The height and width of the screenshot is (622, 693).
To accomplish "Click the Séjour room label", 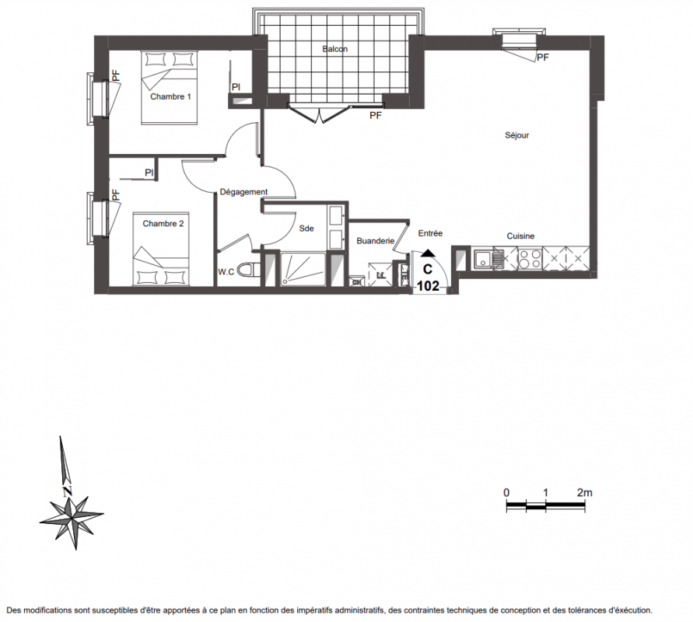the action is pos(516,135).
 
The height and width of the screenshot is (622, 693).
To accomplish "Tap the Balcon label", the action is pos(335,49).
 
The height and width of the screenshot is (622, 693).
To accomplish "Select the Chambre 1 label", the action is pos(170,96).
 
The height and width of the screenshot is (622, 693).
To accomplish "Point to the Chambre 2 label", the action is pos(163,224).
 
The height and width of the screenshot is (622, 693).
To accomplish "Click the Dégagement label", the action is pos(243,192).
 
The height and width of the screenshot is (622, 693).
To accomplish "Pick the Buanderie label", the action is pos(375,241).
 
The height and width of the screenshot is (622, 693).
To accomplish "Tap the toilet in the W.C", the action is pos(249,270).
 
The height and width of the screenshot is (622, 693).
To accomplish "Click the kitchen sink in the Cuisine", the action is pos(488,259).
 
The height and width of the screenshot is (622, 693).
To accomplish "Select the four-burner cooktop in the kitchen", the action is pos(530,259).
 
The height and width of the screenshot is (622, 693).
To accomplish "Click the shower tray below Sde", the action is pos(303,269).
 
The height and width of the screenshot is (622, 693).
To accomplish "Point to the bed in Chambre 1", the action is pos(169,88).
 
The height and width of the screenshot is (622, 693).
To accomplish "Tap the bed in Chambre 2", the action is pos(161,249).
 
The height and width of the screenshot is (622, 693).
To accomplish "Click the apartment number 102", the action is pos(429,286).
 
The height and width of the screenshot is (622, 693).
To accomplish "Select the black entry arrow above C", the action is pos(428,253).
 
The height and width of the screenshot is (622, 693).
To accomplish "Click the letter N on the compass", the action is pos(67,491).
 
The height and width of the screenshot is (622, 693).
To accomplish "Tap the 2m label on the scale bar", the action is pos(585,493).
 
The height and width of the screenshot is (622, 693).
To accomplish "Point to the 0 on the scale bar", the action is pos(506,493).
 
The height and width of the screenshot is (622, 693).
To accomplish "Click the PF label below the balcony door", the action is pos(376,116).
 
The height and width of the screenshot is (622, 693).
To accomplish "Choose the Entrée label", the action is pos(430,233).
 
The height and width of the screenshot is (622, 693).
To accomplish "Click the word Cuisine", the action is pos(520,236).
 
